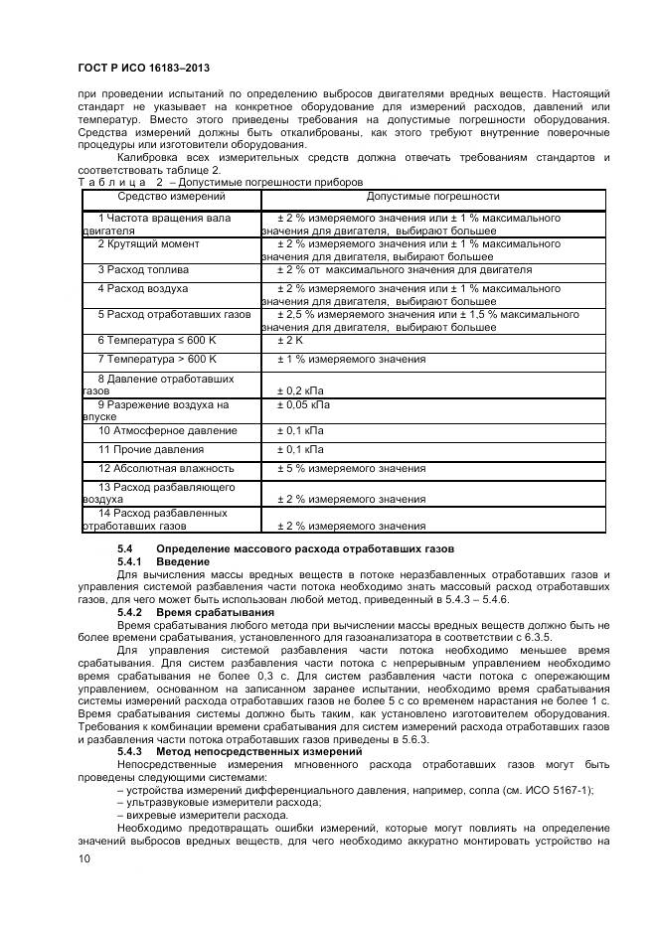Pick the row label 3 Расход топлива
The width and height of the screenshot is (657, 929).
click(x=143, y=270)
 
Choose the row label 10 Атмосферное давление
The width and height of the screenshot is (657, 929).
click(x=167, y=431)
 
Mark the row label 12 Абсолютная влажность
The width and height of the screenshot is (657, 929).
click(x=165, y=468)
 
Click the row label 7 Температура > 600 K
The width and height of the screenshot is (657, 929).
click(x=157, y=359)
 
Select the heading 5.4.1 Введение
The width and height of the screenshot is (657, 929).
click(x=163, y=562)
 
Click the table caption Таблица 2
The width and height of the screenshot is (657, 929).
click(x=119, y=182)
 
